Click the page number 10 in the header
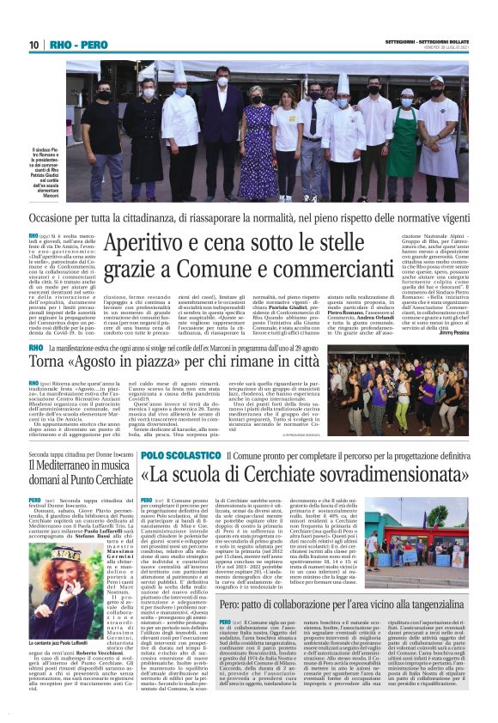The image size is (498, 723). tap(33, 45)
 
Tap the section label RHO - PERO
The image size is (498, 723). tap(79, 45)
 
